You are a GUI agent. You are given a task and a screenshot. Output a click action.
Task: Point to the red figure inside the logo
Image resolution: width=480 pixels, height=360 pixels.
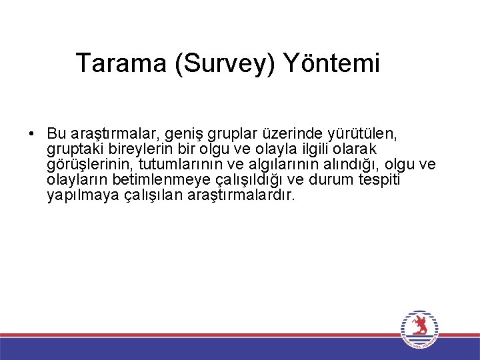419,326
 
